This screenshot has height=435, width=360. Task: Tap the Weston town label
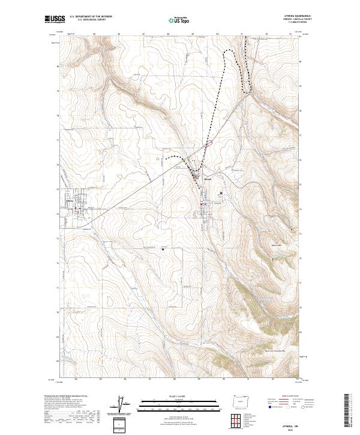click(208, 179)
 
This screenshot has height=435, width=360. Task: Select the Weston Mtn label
click(277, 244)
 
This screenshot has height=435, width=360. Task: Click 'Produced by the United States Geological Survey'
click(65, 396)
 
